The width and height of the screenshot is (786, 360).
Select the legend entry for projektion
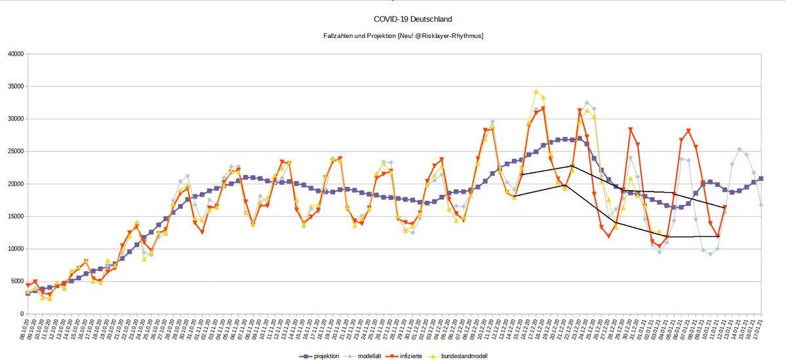(x=324, y=355)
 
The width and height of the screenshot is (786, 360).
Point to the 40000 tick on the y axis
(x=14, y=54)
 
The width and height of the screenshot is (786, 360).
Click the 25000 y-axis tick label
(x=14, y=151)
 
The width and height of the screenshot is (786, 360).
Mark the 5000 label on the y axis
(x=16, y=281)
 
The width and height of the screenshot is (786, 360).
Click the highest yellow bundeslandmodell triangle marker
(x=536, y=92)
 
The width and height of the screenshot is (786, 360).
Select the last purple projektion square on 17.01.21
(x=761, y=178)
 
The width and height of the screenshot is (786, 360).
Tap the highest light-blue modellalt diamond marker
(x=587, y=103)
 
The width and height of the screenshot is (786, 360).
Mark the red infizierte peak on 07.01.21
(x=688, y=130)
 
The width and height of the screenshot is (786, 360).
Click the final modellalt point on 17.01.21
(x=761, y=205)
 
